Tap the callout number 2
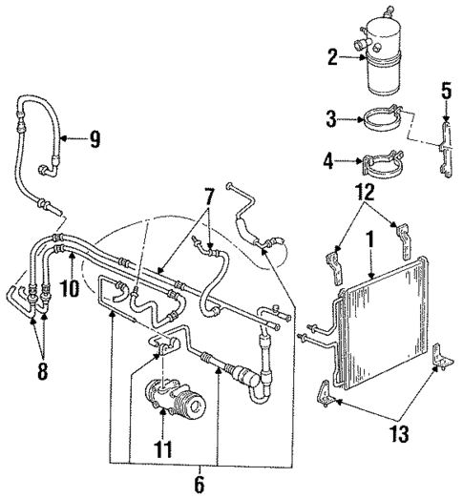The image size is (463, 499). [332, 58]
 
